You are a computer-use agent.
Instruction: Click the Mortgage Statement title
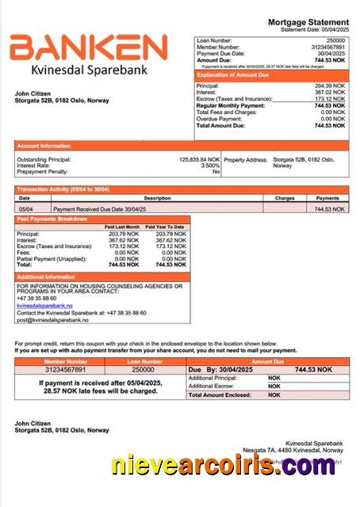[308, 22]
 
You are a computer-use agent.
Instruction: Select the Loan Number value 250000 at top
[336, 40]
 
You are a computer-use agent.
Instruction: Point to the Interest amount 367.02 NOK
[330, 92]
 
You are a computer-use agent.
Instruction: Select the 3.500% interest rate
[210, 165]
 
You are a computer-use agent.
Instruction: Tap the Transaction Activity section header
[64, 190]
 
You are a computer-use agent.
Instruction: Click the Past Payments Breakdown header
[52, 218]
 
